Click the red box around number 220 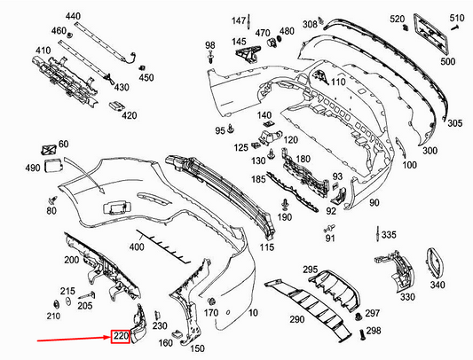(x=121, y=336)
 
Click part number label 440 (x=73, y=16)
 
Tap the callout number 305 (x=454, y=123)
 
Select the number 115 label (x=266, y=247)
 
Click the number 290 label (x=297, y=319)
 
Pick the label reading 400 (x=137, y=247)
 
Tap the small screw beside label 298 (x=362, y=334)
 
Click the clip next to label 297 (x=359, y=317)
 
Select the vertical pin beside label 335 (x=377, y=234)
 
